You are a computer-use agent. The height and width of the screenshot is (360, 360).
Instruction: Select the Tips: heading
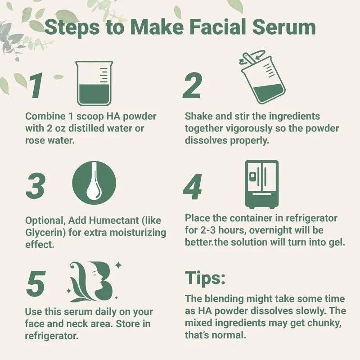coord(205,279)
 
